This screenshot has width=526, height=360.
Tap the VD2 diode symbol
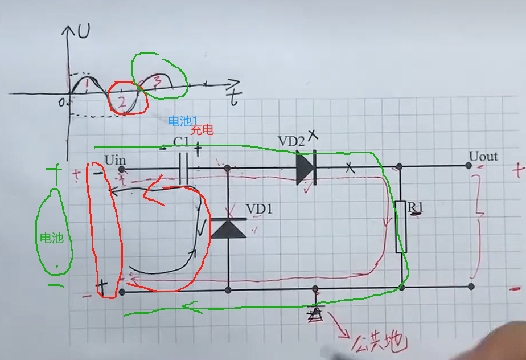click(306, 168)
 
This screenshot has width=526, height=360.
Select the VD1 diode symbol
click(228, 228)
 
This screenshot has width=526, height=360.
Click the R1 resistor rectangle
click(401, 226)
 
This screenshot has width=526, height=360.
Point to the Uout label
click(483, 156)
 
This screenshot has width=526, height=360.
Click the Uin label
click(115, 159)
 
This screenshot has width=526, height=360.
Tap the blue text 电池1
click(182, 121)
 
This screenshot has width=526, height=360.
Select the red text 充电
click(202, 130)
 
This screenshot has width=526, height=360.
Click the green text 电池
click(51, 238)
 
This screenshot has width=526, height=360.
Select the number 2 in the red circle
click(121, 103)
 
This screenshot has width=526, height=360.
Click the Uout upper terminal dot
click(469, 166)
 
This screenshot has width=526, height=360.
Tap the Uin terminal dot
click(121, 169)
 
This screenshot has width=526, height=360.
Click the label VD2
click(291, 141)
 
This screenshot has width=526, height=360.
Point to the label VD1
click(259, 210)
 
